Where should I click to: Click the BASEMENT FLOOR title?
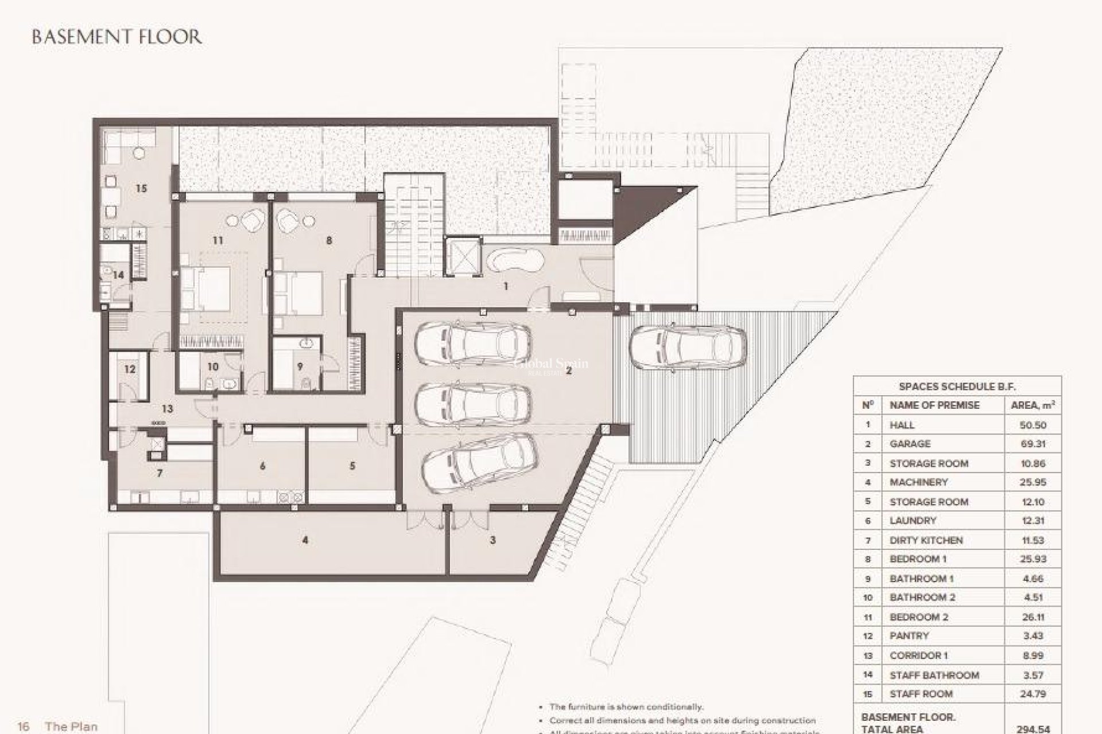coord(117,37)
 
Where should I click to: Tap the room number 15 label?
coord(141,188)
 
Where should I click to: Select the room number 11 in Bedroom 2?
coord(217,240)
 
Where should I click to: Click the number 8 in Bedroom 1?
coord(329,240)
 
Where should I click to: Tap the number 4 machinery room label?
coord(305,540)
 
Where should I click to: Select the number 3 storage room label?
coord(492,540)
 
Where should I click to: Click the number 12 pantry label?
coord(130,369)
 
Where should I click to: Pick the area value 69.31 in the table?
coord(1033,444)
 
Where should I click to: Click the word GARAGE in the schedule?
coord(910,444)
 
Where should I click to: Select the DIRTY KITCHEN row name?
coord(926,540)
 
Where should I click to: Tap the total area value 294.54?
coord(1033,729)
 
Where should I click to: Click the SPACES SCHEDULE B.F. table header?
coord(957,386)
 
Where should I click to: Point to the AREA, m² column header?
coord(1033,405)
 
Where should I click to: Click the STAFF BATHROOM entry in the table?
coord(934,675)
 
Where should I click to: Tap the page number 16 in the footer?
coord(24,727)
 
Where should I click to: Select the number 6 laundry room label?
coord(262,466)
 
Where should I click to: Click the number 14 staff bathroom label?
coord(118,275)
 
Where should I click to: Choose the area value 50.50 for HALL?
coord(1033,425)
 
